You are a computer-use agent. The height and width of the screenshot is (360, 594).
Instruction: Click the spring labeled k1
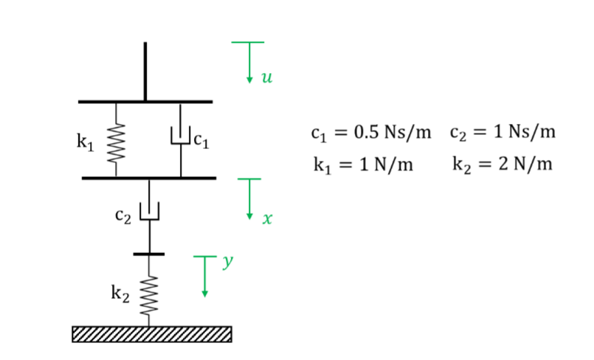[x=114, y=140]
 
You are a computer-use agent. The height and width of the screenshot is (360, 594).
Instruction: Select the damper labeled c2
[x=150, y=212]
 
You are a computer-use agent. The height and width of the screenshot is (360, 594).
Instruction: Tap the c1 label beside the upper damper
[x=202, y=139]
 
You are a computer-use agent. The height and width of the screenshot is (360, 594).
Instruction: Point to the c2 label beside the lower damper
[x=124, y=216]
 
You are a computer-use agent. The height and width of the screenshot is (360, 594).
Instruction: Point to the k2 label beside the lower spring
[x=120, y=294]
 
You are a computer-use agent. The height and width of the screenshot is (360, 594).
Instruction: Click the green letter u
[x=266, y=77]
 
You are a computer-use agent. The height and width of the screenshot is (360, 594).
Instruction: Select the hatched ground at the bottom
[x=151, y=334]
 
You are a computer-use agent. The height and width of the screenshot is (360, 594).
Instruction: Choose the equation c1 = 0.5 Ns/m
[x=370, y=134]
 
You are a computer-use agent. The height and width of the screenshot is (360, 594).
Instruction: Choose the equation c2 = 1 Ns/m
[x=502, y=134]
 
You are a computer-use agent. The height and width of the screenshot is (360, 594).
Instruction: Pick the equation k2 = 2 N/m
[x=502, y=164]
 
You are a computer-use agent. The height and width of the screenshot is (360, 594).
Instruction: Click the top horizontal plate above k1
[x=145, y=101]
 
